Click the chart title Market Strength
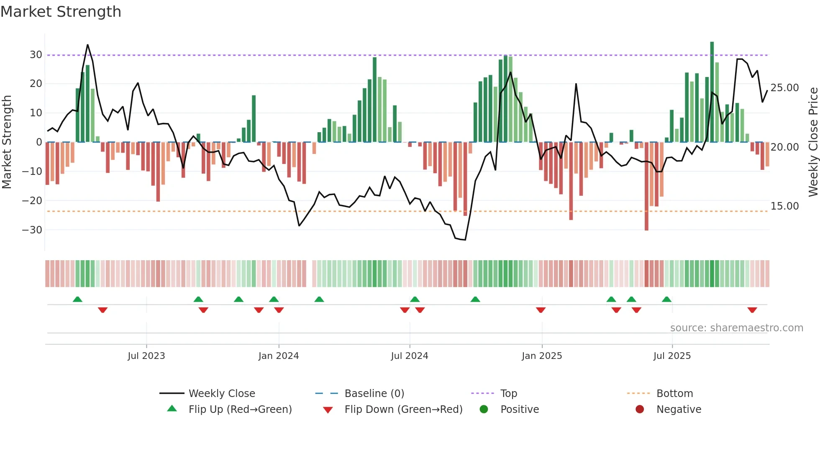pos(61,12)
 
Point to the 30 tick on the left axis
pos(36,55)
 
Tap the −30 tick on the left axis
pos(32,230)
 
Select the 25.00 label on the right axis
pos(784,88)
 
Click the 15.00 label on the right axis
pos(784,206)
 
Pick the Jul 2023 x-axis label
pos(146,356)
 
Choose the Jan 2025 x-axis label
pos(541,356)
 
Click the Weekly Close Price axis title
pos(812,142)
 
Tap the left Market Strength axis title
pos(7,142)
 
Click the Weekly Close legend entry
pos(221,394)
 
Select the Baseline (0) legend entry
pos(374,394)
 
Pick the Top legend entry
pos(508,394)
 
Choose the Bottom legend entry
pos(674,394)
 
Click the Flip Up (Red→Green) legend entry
pos(240,410)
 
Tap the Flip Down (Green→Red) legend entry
pos(403,410)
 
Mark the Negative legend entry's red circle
pos(639,410)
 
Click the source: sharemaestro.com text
pos(736,328)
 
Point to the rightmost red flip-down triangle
pos(752,310)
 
